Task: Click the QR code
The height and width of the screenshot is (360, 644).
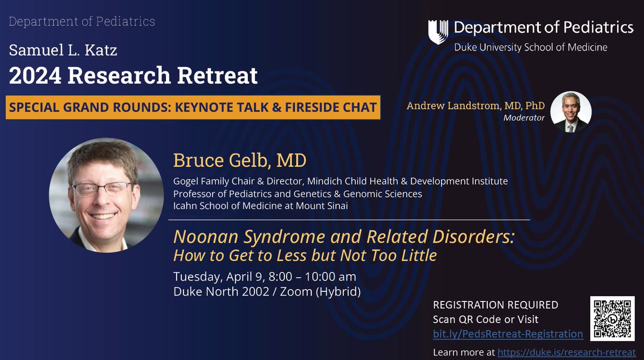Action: pos(612,318)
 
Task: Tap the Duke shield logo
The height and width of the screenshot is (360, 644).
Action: pos(438,32)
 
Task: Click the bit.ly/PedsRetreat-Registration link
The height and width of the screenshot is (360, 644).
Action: pos(508,334)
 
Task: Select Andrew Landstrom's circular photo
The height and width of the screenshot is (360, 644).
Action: pos(571,111)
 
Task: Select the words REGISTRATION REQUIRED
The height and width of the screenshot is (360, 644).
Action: pos(495,305)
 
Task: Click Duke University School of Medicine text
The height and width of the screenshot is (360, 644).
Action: pos(531,47)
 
